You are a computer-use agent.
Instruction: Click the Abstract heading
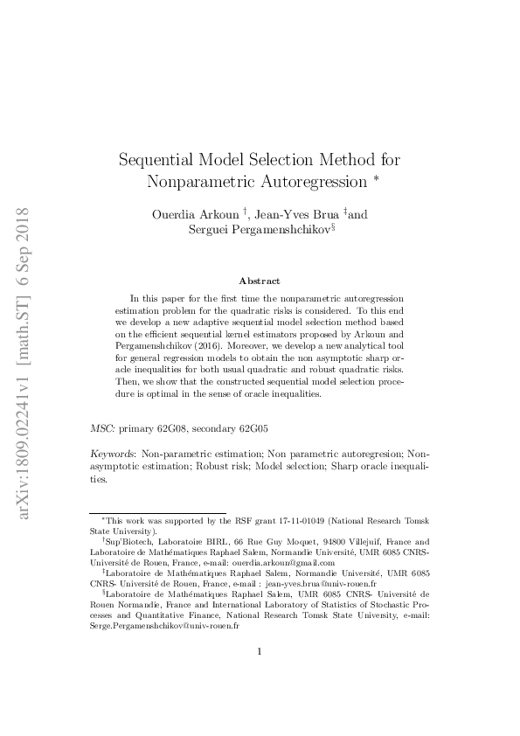click(260, 281)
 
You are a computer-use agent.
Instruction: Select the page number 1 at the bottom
click(260, 675)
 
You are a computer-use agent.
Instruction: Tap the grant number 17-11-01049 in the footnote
click(254, 520)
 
